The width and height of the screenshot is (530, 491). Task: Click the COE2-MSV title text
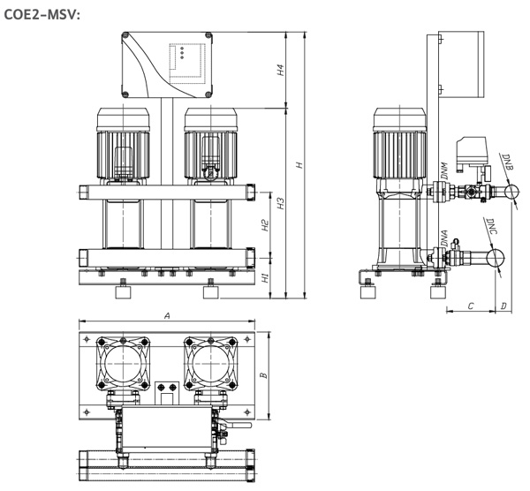pos(42,14)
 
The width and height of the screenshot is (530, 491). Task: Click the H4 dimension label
pos(281,70)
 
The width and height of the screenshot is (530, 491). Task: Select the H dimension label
pos(299,165)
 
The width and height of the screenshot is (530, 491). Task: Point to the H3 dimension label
pos(281,203)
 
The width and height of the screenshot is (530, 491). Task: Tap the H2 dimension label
pos(265,225)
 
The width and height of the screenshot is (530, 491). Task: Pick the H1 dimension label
pos(266,278)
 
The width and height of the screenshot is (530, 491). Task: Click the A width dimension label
pos(167,316)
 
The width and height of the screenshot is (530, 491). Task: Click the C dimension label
pos(471,306)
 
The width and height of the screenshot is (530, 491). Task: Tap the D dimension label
pos(503,306)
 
